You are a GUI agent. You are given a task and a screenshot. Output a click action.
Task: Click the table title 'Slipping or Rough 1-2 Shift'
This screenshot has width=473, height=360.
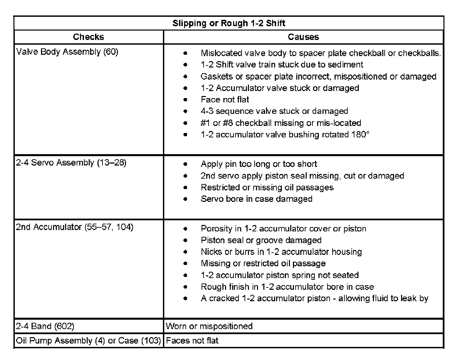(x=229, y=23)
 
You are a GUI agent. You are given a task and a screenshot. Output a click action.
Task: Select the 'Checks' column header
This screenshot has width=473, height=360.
(x=88, y=37)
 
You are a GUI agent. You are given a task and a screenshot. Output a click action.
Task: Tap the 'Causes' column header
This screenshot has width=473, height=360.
(x=303, y=37)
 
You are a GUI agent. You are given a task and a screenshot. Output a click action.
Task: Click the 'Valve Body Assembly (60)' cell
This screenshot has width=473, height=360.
(x=67, y=52)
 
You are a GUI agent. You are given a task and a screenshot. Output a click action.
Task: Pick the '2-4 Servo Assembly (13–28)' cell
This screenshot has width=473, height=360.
(x=71, y=163)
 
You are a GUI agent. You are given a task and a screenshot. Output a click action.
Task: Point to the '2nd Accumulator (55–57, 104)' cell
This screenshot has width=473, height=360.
(x=75, y=227)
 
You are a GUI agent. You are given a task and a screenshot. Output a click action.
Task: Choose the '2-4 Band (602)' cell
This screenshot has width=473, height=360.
(x=45, y=326)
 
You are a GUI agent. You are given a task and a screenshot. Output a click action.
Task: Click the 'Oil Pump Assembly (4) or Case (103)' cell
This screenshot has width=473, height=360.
(x=88, y=341)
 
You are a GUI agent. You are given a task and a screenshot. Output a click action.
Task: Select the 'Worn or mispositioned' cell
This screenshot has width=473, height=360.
(x=209, y=326)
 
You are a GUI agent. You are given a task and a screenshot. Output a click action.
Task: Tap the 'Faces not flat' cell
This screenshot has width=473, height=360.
(x=192, y=341)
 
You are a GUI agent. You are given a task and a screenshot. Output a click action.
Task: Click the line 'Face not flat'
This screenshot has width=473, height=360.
(x=225, y=99)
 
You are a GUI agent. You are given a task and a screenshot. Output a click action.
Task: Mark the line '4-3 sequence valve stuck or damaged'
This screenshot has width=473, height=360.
(x=274, y=111)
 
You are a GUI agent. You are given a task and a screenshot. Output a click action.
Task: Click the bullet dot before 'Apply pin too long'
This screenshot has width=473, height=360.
(x=185, y=164)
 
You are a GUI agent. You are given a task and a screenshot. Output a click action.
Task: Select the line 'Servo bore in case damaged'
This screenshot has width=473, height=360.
(x=256, y=199)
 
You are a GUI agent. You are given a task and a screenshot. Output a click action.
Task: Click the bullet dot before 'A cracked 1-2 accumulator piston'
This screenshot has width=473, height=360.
(x=185, y=298)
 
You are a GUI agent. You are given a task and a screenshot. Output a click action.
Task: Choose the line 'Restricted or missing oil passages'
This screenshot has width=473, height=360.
(x=267, y=187)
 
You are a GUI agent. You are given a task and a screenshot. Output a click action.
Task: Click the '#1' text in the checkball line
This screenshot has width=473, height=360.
(x=205, y=123)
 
